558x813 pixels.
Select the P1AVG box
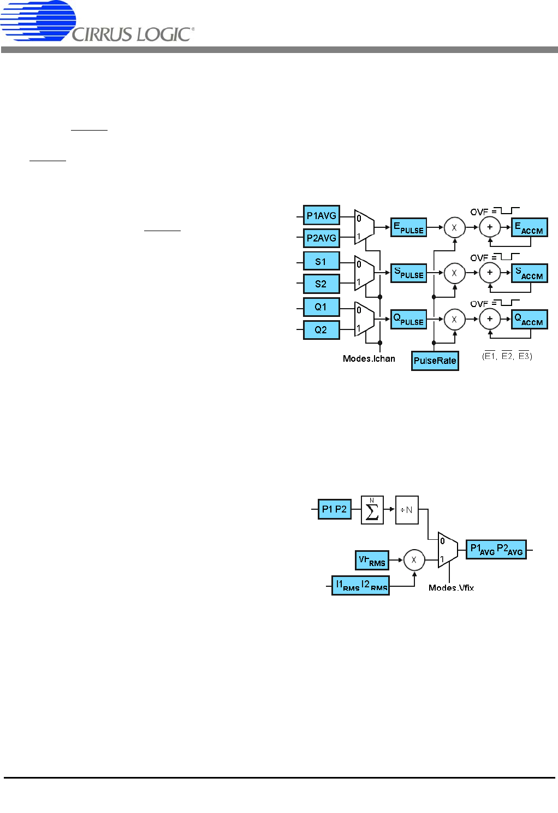(321, 215)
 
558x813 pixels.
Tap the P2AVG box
(321, 238)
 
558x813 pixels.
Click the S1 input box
(321, 261)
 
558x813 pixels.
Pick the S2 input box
(321, 284)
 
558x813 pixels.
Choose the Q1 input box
(321, 307)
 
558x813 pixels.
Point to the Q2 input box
(321, 330)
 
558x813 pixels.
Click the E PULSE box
(408, 227)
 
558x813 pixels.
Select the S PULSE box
(408, 273)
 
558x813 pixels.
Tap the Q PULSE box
(408, 319)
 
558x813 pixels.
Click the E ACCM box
(529, 227)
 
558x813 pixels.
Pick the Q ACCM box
(529, 319)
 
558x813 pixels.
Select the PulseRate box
(435, 361)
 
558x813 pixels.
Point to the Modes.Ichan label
(369, 358)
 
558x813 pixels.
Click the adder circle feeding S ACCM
(490, 273)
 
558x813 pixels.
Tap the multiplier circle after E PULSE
(454, 227)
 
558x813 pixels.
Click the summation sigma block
(372, 510)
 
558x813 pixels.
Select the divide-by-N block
(406, 510)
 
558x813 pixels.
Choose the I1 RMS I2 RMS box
(360, 585)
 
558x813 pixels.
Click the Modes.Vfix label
(451, 588)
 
